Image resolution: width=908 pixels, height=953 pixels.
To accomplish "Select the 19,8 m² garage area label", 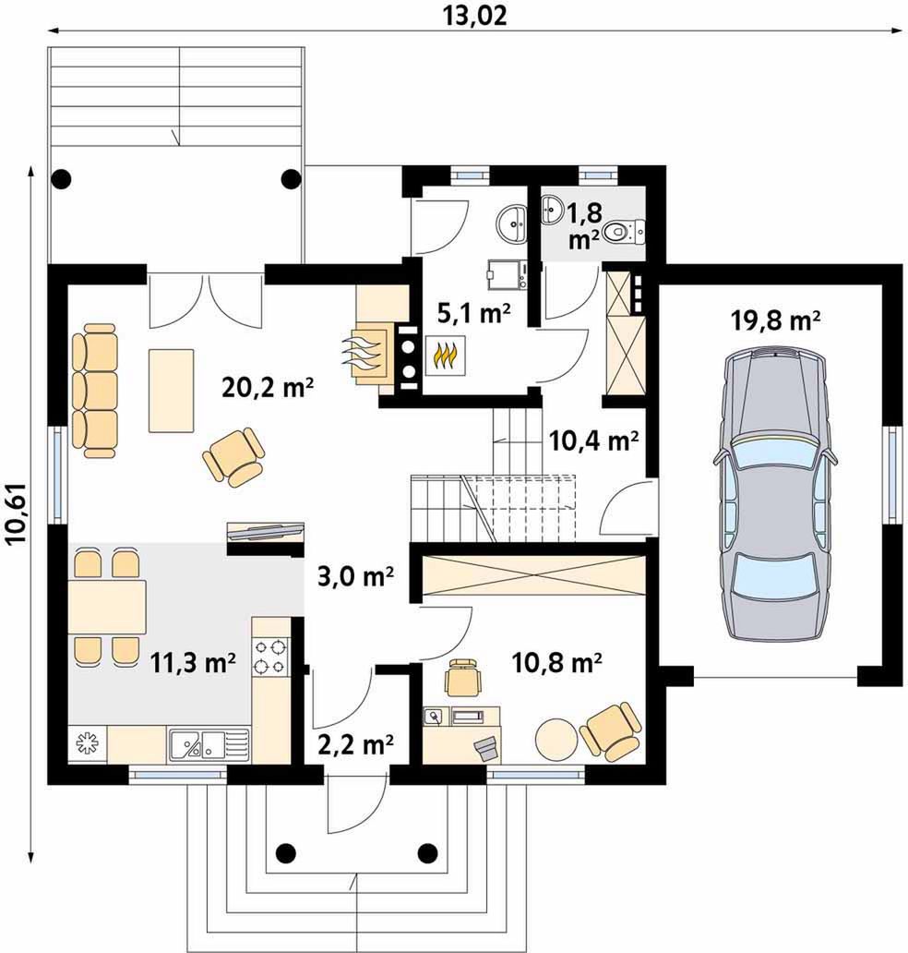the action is coord(776,320).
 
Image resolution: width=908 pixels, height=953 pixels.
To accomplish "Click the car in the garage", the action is coord(774,493).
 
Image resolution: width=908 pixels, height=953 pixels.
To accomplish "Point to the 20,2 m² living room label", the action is coord(268,387).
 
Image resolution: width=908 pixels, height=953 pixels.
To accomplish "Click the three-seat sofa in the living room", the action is coord(95,391).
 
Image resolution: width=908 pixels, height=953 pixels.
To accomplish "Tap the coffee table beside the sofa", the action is coord(172,391).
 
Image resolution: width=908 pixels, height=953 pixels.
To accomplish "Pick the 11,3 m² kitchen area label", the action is coord(193,662).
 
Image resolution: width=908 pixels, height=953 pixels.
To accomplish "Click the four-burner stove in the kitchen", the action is coord(269,657).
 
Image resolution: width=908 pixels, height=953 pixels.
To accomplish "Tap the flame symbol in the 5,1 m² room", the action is coord(445,356).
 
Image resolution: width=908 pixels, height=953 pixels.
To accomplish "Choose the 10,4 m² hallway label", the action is coord(593,440).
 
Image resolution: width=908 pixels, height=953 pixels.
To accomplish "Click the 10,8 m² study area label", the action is coord(557,662).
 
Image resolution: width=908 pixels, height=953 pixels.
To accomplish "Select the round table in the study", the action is coord(556,739).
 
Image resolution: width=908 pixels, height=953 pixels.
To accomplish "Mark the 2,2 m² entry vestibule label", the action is coord(356,743).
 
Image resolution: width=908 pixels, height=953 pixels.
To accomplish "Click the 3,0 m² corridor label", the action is coord(356,576).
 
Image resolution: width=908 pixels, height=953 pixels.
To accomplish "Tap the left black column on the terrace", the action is coord(61,179).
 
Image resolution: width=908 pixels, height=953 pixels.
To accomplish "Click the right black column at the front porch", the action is coord(428,852).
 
